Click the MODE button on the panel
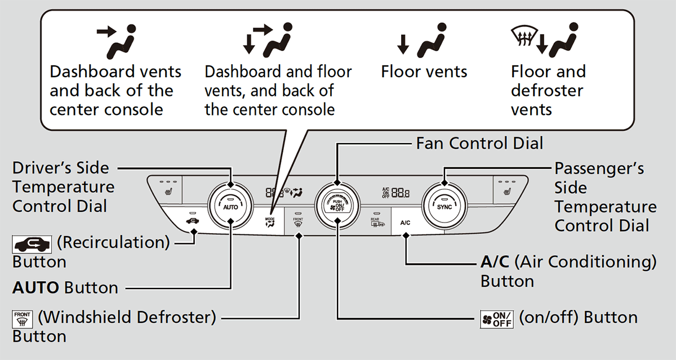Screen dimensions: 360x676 click(270, 221)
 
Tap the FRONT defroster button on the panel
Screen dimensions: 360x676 click(298, 221)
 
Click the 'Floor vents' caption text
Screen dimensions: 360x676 click(424, 72)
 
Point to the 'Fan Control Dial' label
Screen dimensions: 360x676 click(479, 143)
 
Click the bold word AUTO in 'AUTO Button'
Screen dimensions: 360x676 click(35, 287)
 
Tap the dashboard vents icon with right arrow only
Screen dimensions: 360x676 click(115, 40)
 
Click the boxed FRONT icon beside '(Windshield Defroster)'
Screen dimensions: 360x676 click(23, 318)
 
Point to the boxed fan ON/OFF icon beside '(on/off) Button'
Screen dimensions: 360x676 click(495, 318)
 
